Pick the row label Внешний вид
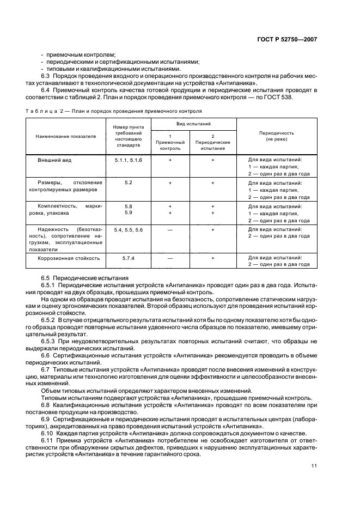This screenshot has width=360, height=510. pyautogui.click(x=54, y=161)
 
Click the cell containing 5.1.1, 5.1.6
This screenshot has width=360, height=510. pyautogui.click(x=128, y=161)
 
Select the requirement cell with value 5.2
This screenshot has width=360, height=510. pyautogui.click(x=128, y=182)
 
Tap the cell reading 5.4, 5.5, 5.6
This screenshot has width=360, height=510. pyautogui.click(x=128, y=230)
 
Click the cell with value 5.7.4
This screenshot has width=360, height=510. pyautogui.click(x=128, y=258)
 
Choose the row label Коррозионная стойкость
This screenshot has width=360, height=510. pyautogui.click(x=68, y=258)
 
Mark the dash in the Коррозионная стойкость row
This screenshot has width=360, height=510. pyautogui.click(x=170, y=258)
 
